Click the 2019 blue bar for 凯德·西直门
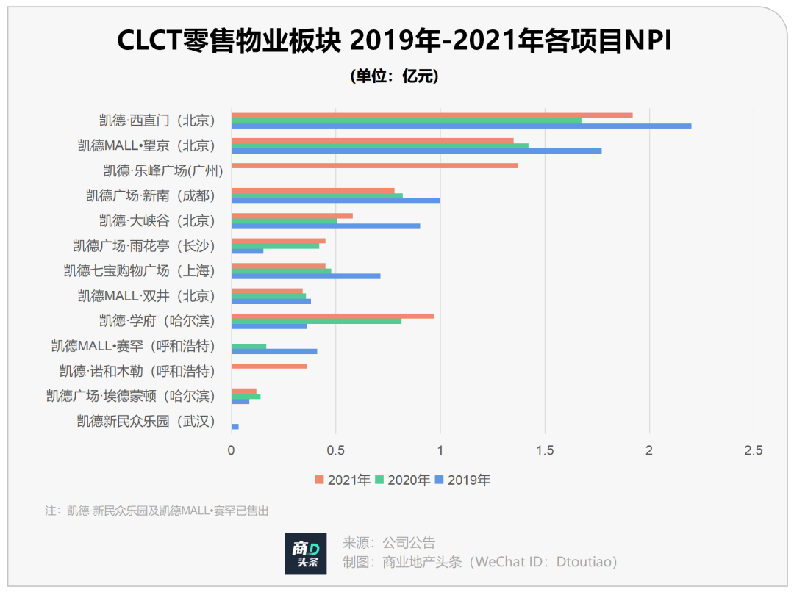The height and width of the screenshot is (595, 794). pos(461,126)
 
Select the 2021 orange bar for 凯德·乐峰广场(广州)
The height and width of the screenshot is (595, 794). pos(374,165)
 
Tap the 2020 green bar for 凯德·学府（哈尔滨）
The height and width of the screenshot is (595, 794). pos(316,321)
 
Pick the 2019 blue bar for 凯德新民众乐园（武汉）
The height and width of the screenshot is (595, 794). pos(235,426)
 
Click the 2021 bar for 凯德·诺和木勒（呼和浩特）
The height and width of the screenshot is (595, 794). pos(269,366)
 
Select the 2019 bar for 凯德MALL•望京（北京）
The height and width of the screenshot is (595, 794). pos(416,151)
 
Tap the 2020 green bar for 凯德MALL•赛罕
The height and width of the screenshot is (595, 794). pos(249,346)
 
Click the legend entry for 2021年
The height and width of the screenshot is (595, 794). pos(343,480)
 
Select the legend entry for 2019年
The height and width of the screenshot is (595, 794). pos(462,480)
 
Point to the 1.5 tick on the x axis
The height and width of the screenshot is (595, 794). pos(544,450)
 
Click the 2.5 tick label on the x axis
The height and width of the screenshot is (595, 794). pos(753,450)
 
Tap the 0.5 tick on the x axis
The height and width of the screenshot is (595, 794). pos(336,450)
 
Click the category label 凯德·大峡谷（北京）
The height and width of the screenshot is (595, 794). pos(157,220)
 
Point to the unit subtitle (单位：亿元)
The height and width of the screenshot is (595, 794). pos(395,76)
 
